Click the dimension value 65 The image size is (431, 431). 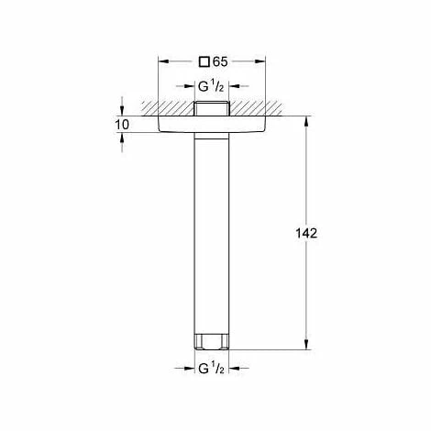click(220, 61)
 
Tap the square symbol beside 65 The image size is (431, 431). click(204, 62)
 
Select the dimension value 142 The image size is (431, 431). click(306, 233)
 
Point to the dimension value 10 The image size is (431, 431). click(122, 125)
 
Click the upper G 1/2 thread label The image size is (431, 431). click(211, 87)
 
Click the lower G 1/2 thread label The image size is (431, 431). click(211, 369)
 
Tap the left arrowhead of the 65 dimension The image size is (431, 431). click(163, 61)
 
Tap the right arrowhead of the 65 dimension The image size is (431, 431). click(260, 61)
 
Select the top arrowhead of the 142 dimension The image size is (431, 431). click(306, 121)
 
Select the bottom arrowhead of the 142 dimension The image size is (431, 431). click(306, 344)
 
